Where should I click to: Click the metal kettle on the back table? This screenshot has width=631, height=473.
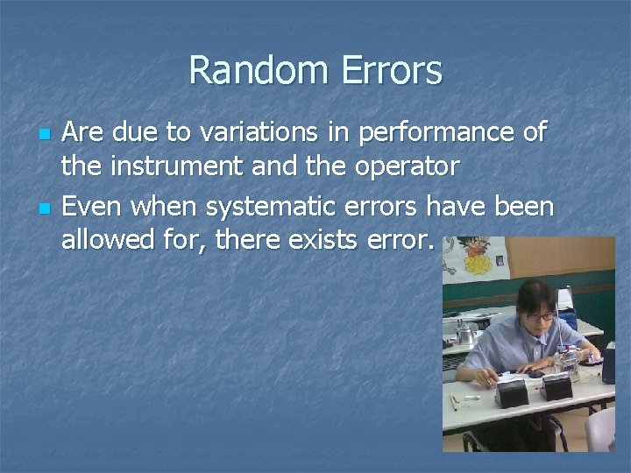point(466,335)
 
